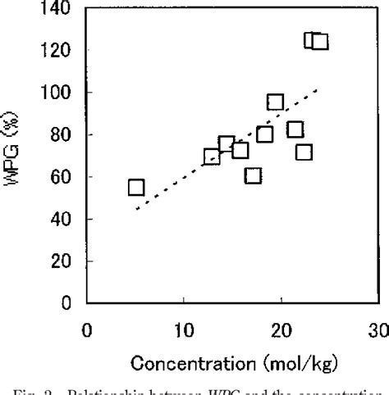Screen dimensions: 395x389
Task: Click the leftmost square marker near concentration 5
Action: point(136,188)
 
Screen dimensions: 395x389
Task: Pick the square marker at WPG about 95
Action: point(276,102)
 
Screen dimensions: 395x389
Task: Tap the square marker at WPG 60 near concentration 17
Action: point(254,175)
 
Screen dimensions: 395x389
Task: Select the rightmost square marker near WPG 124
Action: point(320,41)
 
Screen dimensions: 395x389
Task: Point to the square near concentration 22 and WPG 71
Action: point(304,152)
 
